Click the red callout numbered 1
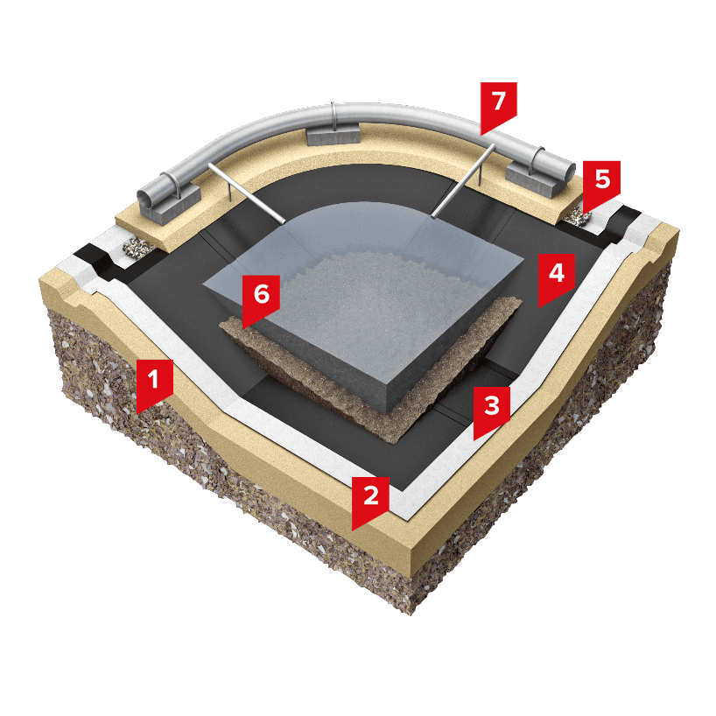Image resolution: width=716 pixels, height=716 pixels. pyautogui.click(x=154, y=383)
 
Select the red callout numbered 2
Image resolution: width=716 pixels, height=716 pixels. pyautogui.click(x=370, y=500)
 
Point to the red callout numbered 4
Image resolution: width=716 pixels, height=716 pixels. pyautogui.click(x=556, y=277)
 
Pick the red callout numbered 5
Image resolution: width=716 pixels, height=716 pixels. pyautogui.click(x=602, y=184)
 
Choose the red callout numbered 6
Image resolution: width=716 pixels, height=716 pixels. pyautogui.click(x=261, y=298)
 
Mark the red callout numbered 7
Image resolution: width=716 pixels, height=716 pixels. pyautogui.click(x=498, y=105)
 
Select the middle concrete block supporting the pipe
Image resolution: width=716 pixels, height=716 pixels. pyautogui.click(x=333, y=136)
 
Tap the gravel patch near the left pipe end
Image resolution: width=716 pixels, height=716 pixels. pyautogui.click(x=137, y=248)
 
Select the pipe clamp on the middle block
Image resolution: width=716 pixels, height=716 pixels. pyautogui.click(x=333, y=116)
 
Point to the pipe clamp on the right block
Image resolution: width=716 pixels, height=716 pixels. pyautogui.click(x=536, y=160)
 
